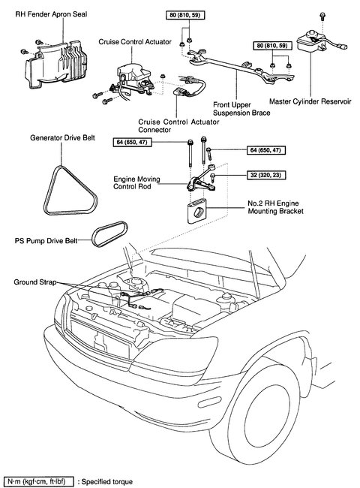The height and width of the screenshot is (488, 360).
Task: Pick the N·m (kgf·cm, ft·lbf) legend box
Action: (38, 481)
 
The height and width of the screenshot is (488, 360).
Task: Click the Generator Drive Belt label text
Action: (62, 138)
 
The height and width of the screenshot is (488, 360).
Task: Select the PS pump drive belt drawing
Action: (109, 233)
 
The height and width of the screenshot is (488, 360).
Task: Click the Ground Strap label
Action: (34, 282)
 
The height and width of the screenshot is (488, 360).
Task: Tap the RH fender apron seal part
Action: (55, 63)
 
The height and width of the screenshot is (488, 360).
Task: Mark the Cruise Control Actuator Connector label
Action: (178, 125)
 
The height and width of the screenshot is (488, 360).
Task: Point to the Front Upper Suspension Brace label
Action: (241, 109)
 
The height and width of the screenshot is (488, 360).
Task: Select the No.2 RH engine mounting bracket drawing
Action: (196, 211)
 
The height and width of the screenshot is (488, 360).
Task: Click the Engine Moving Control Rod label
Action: (136, 182)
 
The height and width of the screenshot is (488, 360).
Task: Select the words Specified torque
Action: (107, 482)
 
